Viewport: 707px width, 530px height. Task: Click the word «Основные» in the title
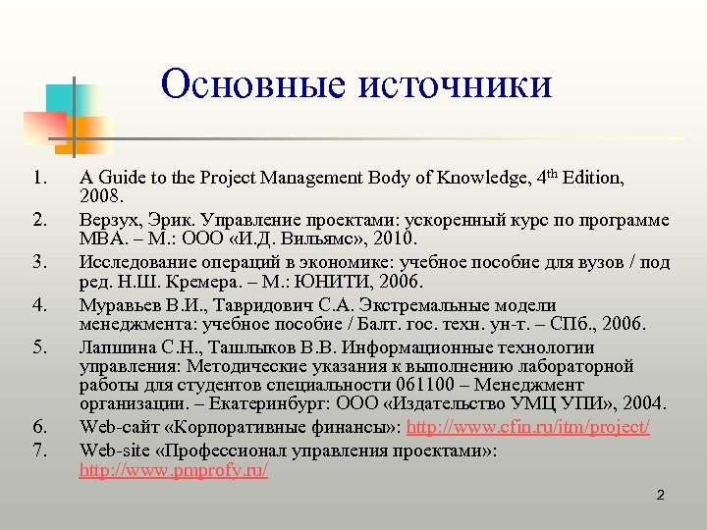254,84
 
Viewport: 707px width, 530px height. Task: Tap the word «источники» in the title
457,84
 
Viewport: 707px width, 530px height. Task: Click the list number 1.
38,178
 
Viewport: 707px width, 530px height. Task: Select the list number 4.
38,304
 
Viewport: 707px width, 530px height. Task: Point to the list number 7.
38,449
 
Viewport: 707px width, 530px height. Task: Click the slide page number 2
661,495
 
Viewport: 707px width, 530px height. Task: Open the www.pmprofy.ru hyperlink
173,470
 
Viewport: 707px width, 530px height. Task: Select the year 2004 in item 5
643,403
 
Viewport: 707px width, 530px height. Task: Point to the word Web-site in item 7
112,450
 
